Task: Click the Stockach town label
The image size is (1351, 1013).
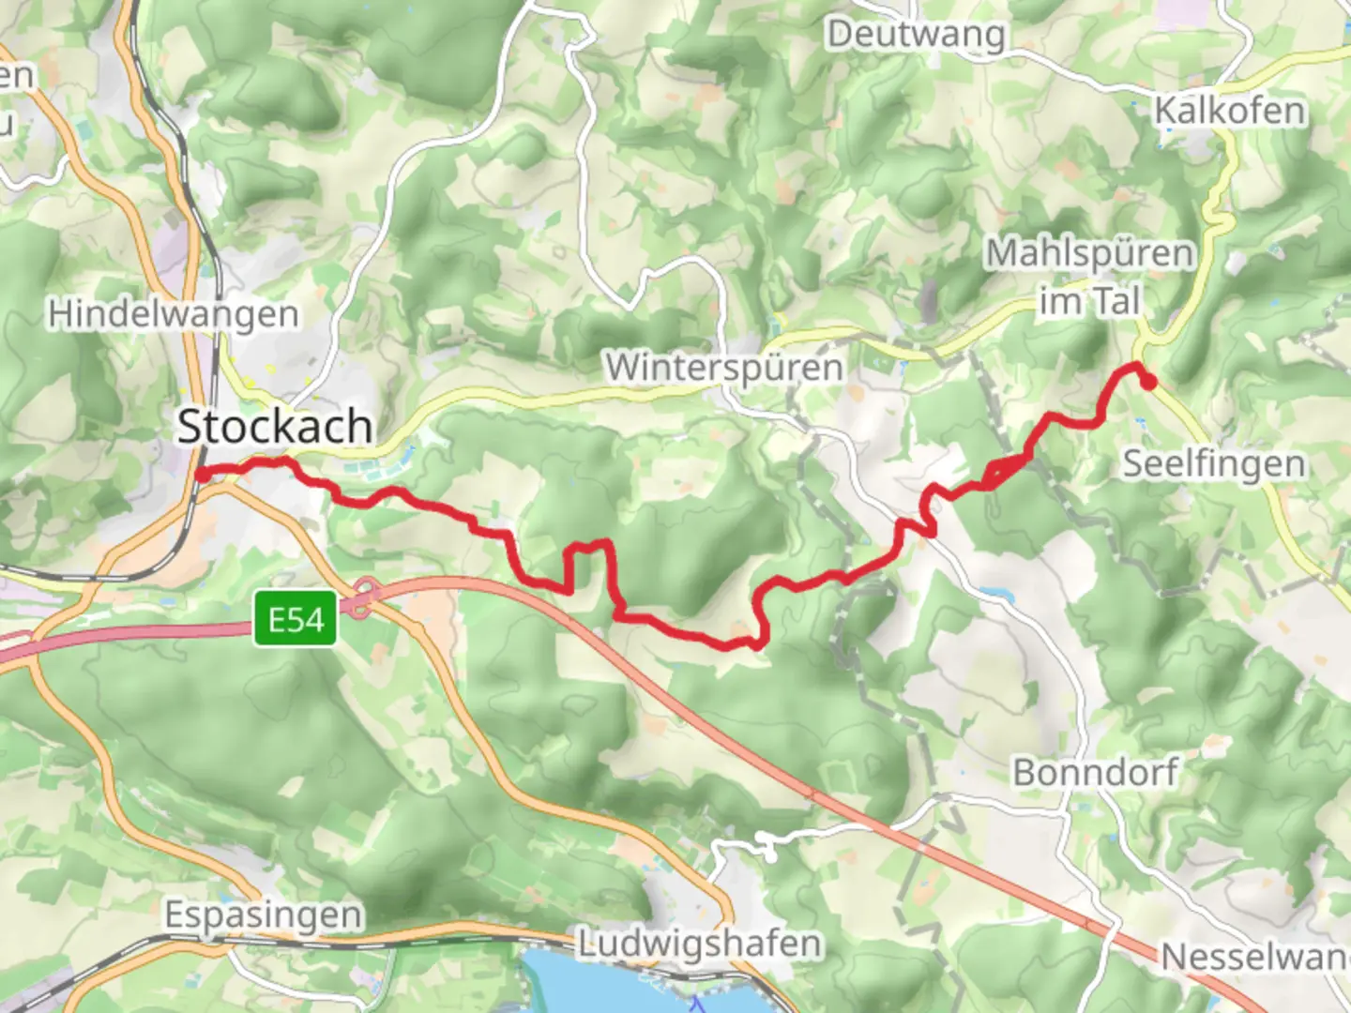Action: tap(275, 427)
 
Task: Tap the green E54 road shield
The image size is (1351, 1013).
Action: tap(296, 620)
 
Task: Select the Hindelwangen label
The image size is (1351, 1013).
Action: tap(174, 314)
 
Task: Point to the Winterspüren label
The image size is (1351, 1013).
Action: tap(723, 367)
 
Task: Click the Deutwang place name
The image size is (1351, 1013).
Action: tap(916, 35)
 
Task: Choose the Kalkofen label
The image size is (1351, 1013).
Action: tap(1229, 111)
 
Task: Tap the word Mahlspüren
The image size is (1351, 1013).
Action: tap(1089, 253)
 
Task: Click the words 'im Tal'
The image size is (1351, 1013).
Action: tap(1089, 302)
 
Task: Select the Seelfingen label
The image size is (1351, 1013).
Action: tap(1214, 463)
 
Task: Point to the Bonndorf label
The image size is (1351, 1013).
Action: tap(1095, 773)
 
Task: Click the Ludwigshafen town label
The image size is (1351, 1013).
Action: tap(699, 944)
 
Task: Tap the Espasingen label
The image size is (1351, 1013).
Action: tap(264, 915)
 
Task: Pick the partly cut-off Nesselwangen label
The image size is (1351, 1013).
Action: tap(1255, 958)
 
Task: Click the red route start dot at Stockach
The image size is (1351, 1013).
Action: tap(202, 474)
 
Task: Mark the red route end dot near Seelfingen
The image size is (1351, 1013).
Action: tap(1148, 381)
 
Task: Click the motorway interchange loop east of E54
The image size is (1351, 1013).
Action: tap(364, 597)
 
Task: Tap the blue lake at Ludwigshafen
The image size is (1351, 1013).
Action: tap(600, 985)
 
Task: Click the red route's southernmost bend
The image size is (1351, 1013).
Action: tap(756, 645)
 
